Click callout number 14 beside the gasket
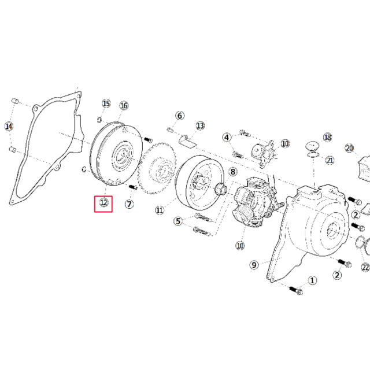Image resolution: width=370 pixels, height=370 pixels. coord(9,126)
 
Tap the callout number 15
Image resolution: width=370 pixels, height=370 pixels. coord(106,103)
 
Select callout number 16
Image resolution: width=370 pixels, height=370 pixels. coord(123,105)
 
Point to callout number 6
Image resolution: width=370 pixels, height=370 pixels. coord(179,116)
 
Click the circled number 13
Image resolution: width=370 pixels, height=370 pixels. coord(200,125)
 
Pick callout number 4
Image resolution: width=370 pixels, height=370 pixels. coord(227,137)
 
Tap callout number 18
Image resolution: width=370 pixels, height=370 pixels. coord(328,137)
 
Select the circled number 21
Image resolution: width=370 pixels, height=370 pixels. coord(330,160)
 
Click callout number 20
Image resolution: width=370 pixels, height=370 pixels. coord(349,148)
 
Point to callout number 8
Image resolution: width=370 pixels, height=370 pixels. coord(232,172)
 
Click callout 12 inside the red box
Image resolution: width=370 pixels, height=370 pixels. coord(103,202)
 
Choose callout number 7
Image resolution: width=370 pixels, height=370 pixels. coord(129,204)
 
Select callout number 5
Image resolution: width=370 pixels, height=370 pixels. coord(178,220)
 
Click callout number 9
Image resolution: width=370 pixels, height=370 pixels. coord(253,265)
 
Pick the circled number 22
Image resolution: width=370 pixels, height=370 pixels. coord(365,267)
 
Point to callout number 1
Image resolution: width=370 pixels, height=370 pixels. coord(313,280)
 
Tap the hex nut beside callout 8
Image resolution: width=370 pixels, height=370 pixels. coord(220,188)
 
